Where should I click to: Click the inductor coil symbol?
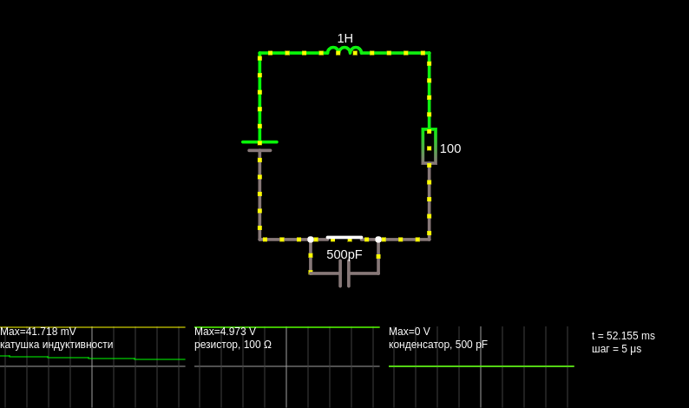[x=344, y=50]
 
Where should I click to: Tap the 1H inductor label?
[x=345, y=39]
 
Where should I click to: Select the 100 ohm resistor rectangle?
[x=430, y=147]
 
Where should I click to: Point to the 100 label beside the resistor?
[x=450, y=148]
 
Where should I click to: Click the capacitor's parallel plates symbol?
[x=344, y=273]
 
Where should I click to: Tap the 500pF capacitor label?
[x=344, y=254]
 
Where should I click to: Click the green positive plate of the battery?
[x=259, y=142]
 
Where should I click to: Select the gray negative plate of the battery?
[x=259, y=150]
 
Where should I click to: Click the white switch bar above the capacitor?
[x=344, y=237]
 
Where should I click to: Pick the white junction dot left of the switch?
[x=311, y=240]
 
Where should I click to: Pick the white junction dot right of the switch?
[x=378, y=240]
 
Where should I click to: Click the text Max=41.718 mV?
[x=38, y=332]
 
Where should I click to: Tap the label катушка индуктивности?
[x=56, y=345]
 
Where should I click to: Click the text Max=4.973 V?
[x=225, y=332]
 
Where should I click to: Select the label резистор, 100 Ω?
[x=233, y=345]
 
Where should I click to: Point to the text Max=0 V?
[x=410, y=332]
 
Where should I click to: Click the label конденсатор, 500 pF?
[x=438, y=345]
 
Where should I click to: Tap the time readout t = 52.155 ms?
[x=623, y=336]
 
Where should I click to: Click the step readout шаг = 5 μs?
[x=616, y=349]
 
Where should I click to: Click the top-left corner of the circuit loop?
[x=259, y=53]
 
